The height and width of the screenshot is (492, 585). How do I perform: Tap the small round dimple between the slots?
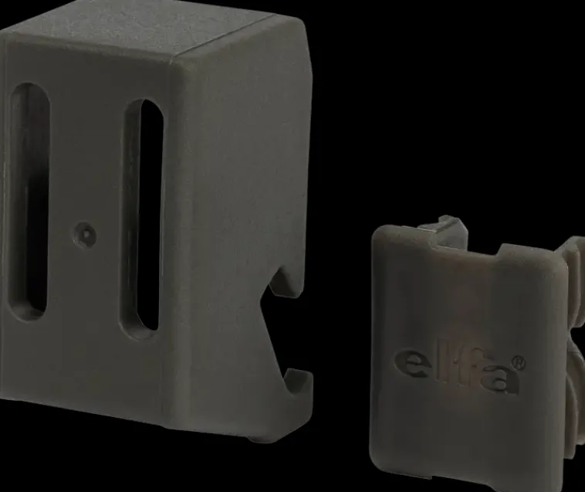click(85, 235)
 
